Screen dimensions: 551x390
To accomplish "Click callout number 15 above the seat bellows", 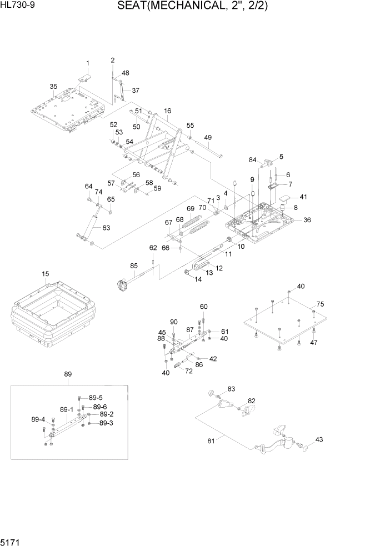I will tap(46, 274).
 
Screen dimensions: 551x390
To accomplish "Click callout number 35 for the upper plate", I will tap(53, 87).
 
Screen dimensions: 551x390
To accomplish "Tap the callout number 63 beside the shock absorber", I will tap(106, 227).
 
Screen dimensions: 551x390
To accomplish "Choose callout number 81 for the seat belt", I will tap(211, 441).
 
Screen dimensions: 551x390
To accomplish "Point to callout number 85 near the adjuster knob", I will tap(134, 266).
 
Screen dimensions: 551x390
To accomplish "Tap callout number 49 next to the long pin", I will tap(208, 138).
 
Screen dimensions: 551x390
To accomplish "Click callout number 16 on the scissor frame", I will tap(167, 111).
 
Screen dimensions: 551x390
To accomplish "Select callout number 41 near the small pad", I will tap(303, 197).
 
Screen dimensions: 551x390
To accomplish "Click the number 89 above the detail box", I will tap(68, 374).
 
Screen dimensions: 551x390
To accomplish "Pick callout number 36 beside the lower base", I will tap(307, 220).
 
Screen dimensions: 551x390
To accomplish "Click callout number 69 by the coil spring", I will tap(190, 209).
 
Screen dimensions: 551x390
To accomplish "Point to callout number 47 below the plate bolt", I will tap(313, 343).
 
